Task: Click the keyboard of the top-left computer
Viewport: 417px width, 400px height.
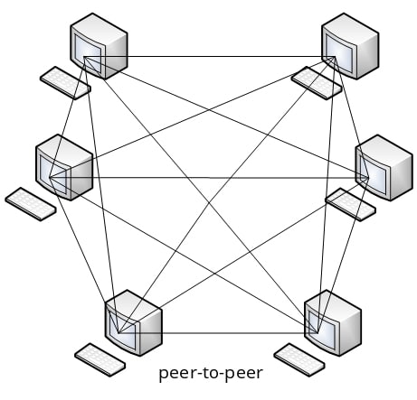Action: (65, 82)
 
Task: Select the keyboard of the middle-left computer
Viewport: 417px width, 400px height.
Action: (31, 203)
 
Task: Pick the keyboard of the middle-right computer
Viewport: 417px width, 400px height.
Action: (350, 203)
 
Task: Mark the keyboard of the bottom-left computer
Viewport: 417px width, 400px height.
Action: (100, 358)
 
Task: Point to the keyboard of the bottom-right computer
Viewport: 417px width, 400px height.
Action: (299, 358)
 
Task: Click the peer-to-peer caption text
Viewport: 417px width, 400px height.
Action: (210, 373)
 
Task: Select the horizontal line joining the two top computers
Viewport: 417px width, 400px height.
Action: (208, 57)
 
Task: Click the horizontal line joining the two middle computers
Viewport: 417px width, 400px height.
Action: (208, 177)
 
